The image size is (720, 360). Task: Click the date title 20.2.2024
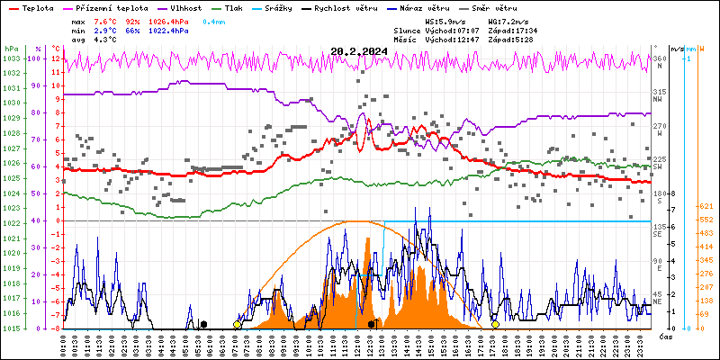click(x=359, y=50)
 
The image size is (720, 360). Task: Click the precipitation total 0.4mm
click(x=214, y=21)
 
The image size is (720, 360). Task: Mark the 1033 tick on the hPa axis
click(x=11, y=58)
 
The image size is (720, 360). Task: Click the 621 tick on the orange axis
click(x=706, y=207)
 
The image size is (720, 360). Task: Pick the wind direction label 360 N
click(x=659, y=60)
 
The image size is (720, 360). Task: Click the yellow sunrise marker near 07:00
click(x=238, y=324)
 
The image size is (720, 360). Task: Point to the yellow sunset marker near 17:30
click(x=495, y=324)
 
